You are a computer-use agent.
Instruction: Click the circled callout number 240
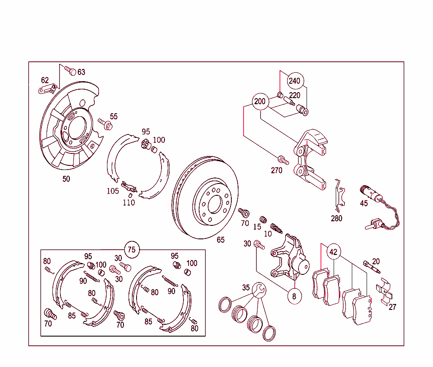[294, 81]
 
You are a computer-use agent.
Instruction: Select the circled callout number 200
[260, 101]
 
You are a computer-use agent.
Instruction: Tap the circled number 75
[132, 249]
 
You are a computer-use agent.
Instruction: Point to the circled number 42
[334, 252]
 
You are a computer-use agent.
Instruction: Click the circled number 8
[294, 296]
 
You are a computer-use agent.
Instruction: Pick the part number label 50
[66, 179]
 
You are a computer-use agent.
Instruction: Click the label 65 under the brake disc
[221, 240]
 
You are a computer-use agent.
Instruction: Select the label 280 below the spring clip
[337, 219]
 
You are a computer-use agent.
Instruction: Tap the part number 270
[277, 170]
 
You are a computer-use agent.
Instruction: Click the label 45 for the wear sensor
[364, 203]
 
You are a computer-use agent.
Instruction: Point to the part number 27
[392, 307]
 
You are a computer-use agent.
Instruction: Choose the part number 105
[112, 191]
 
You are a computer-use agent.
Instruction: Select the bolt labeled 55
[105, 123]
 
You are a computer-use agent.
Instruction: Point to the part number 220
[295, 96]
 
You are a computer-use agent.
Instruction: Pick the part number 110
[129, 203]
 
